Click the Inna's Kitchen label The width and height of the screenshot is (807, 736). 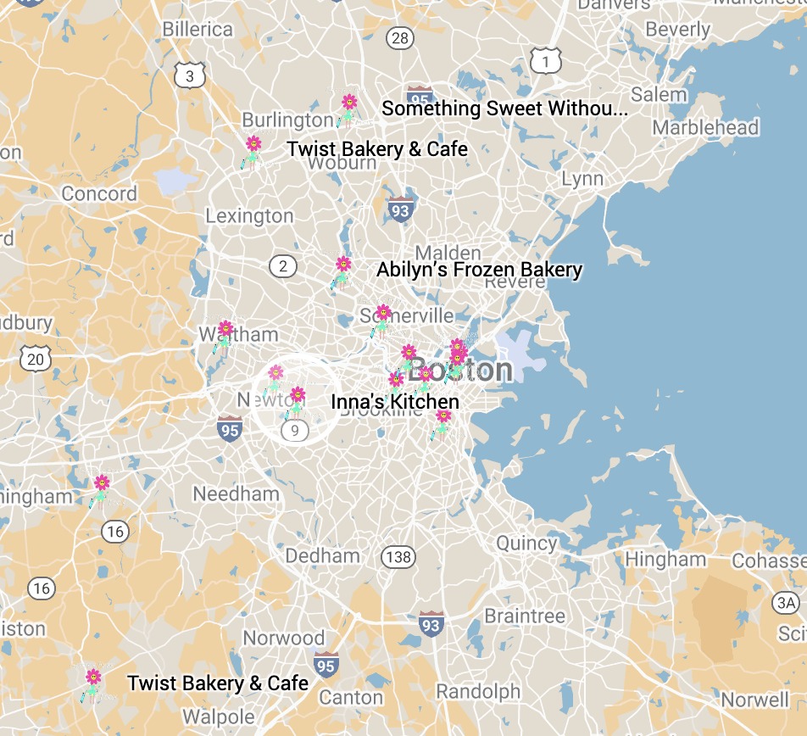395,402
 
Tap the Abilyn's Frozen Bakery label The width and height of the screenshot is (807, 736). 479,270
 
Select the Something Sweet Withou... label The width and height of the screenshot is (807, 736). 505,109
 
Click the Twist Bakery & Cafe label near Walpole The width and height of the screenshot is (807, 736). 218,683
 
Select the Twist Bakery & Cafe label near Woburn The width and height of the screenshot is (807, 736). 377,149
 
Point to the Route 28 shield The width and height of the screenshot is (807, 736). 399,37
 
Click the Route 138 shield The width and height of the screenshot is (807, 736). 398,557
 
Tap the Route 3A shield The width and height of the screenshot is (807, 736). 786,603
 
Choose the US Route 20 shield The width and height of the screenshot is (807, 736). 36,360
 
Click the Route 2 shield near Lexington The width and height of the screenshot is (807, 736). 283,267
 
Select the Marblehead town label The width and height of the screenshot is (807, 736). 705,128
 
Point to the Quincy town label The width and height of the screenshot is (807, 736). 526,544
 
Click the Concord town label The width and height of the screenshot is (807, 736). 99,194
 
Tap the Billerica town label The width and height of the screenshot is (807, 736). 198,30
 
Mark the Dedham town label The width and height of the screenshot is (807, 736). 322,556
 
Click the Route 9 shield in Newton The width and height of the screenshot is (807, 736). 295,431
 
